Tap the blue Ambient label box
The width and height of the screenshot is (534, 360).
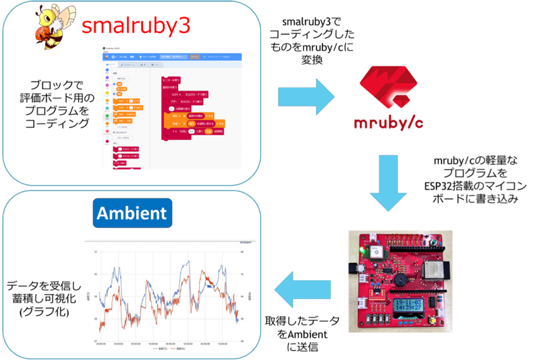[132, 213]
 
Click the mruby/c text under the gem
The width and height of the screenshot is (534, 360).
[388, 122]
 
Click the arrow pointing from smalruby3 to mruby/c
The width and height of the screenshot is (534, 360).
[305, 97]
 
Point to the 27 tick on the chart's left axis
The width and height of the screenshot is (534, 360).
[96, 340]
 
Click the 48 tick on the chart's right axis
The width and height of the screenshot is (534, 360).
[242, 340]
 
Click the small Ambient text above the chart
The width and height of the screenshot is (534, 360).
[246, 243]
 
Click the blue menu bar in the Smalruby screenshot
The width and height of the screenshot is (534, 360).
[172, 56]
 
